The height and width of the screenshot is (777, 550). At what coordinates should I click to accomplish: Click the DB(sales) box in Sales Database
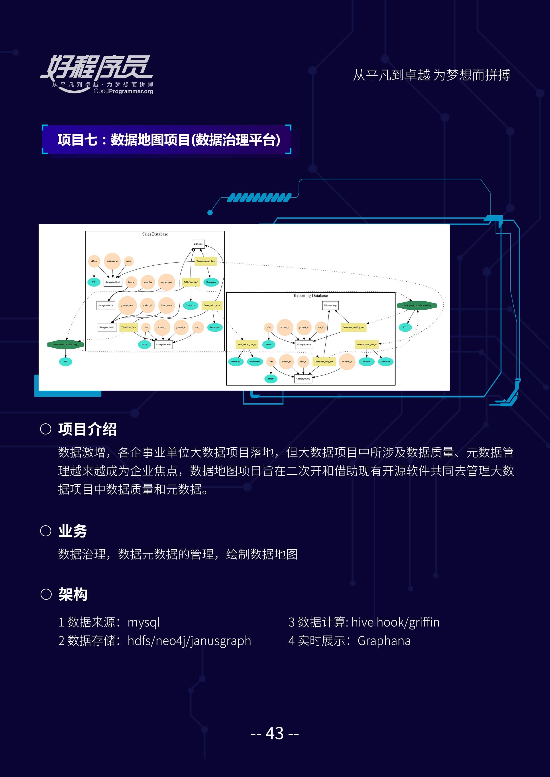click(198, 244)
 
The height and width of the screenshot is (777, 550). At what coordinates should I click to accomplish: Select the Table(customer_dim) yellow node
click(206, 261)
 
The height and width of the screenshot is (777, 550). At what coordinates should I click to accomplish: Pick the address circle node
click(94, 261)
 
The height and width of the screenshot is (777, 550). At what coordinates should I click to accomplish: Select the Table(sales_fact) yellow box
click(128, 327)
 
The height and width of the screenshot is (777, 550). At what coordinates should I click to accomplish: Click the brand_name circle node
click(166, 305)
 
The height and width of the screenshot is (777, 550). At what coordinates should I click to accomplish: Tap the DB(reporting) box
click(330, 305)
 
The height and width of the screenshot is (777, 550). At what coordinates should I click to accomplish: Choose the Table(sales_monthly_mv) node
click(353, 327)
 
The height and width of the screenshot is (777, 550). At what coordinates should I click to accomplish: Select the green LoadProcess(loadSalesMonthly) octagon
click(416, 305)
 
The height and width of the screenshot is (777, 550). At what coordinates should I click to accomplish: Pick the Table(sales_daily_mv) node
click(324, 361)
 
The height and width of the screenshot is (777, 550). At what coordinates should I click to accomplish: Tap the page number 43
click(275, 733)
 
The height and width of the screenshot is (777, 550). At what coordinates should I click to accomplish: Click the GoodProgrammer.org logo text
click(123, 91)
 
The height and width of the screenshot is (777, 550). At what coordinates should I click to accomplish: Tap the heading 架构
click(73, 595)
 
